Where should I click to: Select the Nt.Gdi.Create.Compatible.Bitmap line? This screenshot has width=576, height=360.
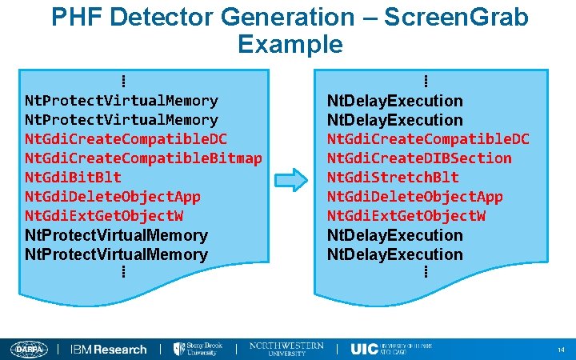click(143, 158)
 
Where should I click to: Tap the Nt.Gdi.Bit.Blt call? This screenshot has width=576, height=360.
click(73, 177)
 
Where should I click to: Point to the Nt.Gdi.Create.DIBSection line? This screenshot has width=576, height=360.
click(419, 158)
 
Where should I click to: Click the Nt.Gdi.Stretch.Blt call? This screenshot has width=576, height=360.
click(393, 177)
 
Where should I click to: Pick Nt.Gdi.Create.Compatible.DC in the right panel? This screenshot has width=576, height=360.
click(428, 138)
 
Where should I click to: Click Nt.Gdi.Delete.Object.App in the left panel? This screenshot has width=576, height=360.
click(113, 196)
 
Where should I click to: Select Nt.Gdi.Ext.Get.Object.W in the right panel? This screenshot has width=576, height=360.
click(406, 215)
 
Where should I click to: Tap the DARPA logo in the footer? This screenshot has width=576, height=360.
click(29, 349)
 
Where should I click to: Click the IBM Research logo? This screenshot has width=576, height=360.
click(109, 349)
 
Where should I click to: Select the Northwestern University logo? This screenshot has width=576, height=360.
click(286, 349)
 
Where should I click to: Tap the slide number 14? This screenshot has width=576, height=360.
click(561, 350)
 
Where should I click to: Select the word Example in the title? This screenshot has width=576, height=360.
click(290, 43)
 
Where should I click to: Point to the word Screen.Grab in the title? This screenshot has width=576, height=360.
click(456, 18)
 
